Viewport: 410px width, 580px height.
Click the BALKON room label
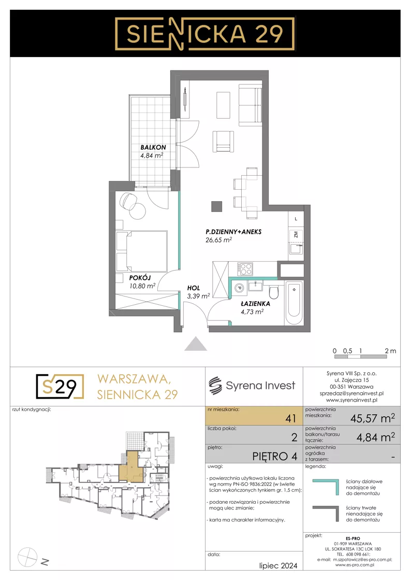(x=153, y=147)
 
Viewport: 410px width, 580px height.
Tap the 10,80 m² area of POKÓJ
(x=142, y=286)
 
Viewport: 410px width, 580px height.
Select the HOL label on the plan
(x=193, y=288)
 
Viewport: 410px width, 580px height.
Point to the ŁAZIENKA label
(x=255, y=304)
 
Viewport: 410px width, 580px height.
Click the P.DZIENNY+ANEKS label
(x=233, y=232)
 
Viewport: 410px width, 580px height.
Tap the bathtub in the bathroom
(x=294, y=304)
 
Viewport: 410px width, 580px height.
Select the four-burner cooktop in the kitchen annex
(x=245, y=269)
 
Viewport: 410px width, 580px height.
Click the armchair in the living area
(x=223, y=142)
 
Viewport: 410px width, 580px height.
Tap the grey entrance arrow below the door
(x=195, y=344)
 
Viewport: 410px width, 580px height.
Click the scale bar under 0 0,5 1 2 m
(x=360, y=357)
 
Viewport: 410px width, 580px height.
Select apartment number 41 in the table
(x=291, y=418)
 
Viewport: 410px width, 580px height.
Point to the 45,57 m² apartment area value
(x=372, y=418)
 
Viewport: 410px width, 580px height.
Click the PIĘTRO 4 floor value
(x=274, y=457)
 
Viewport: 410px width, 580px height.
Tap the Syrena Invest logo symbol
(x=215, y=386)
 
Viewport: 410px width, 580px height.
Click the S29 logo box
(x=60, y=387)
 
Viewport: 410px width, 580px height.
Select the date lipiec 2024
(x=278, y=565)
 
